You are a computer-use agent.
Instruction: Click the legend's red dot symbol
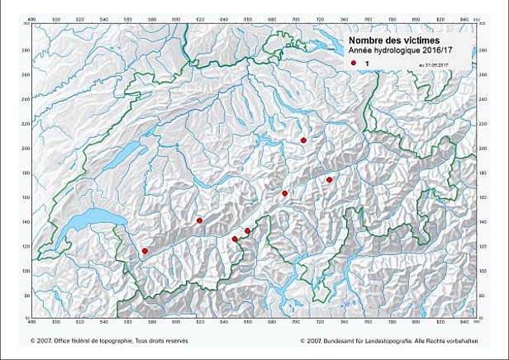[x=353, y=63]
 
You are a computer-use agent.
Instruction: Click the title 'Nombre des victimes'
[x=392, y=40]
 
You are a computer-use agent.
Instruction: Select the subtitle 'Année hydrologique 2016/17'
[x=400, y=51]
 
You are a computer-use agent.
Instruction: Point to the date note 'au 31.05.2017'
[x=438, y=64]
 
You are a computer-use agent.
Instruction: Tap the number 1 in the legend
[x=366, y=63]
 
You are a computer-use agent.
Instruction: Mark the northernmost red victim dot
[x=304, y=140]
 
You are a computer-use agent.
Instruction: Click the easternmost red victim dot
[x=329, y=179]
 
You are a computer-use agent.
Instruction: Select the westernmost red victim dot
[x=145, y=251]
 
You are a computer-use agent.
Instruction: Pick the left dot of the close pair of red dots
[x=235, y=239]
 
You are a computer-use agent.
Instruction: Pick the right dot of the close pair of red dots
[x=247, y=231]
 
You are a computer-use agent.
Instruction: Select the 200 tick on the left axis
[x=26, y=148]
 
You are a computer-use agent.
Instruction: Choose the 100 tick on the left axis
[x=26, y=270]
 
